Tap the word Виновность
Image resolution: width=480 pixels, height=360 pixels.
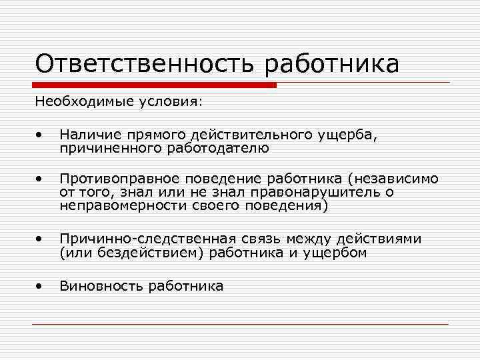101,286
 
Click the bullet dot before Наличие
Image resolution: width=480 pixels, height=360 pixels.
41,136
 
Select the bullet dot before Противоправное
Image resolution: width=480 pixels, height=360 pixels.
41,179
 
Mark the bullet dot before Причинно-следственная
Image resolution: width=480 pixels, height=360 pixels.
41,239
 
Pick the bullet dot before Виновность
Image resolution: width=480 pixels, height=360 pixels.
41,287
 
